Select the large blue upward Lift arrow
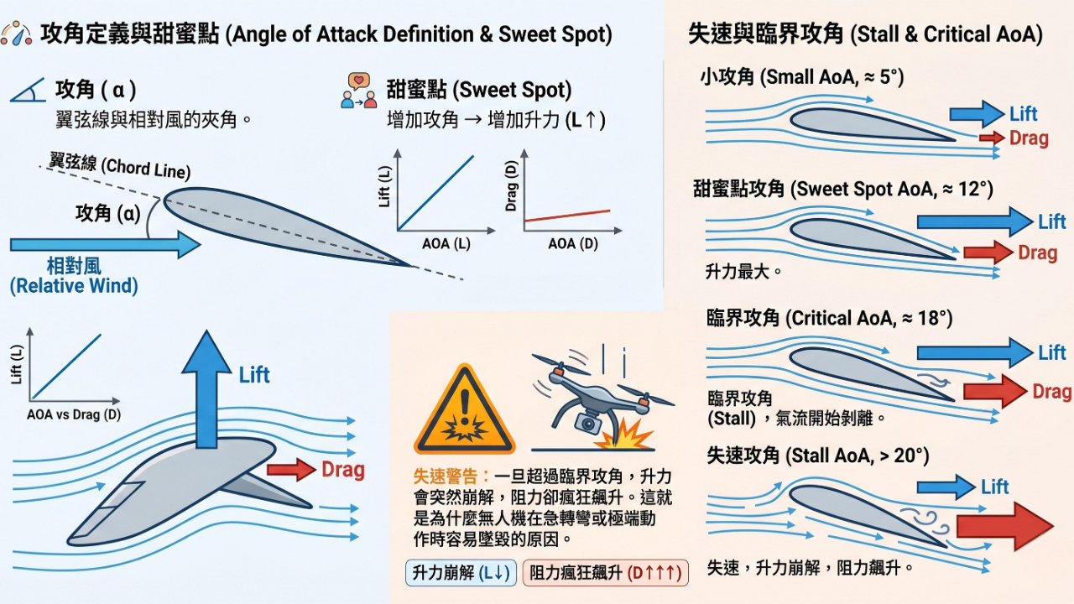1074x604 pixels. point(206,386)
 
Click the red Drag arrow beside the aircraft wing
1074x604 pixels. point(291,470)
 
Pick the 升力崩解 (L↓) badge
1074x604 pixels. point(460,573)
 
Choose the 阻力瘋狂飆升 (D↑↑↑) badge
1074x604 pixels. point(605,573)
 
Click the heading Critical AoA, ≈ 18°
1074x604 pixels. point(830,319)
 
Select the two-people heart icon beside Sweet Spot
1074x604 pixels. point(358,91)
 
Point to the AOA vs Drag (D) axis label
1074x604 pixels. point(74,414)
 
